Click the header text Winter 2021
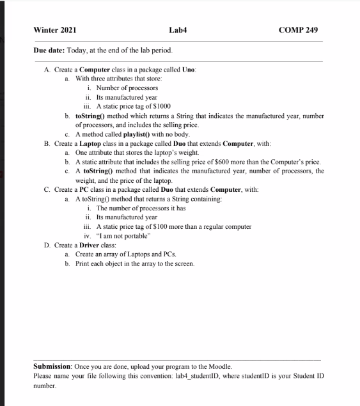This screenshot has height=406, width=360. [54, 30]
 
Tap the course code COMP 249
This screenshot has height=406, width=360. [298, 30]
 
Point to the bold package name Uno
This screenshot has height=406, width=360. [188, 69]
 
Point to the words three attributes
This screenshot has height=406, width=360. [105, 78]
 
